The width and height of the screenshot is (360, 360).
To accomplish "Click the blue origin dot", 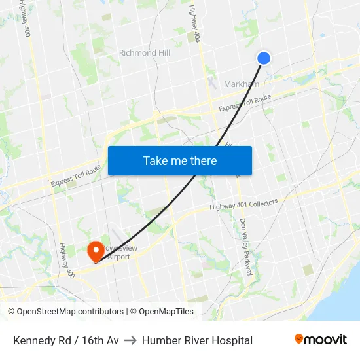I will click(264, 58).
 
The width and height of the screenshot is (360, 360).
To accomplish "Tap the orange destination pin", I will click(96, 249).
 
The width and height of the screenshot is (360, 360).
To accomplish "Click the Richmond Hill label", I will click(147, 52).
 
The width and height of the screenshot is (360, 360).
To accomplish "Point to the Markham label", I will click(242, 84).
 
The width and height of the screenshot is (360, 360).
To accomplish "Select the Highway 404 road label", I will click(194, 22).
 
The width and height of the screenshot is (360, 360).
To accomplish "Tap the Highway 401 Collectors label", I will click(243, 205).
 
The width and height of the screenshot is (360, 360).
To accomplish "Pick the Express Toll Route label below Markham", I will click(245, 103).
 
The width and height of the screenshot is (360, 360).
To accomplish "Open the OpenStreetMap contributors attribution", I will click(65, 312).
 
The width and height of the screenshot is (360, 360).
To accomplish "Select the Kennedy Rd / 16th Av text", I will click(66, 340).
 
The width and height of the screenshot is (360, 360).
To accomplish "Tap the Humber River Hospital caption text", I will click(197, 340).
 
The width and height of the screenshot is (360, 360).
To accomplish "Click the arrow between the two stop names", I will click(130, 340).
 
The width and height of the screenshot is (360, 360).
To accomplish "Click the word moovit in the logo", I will click(326, 340).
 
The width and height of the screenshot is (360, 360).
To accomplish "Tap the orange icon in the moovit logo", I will click(299, 339).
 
